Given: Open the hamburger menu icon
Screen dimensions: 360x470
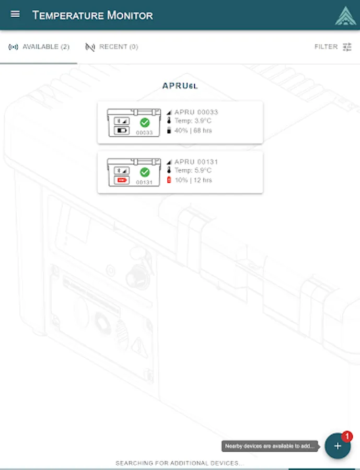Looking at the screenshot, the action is point(15,14).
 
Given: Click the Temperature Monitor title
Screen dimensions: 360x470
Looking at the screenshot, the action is point(92,15).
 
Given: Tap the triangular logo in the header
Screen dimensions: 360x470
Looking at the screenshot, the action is point(345,16).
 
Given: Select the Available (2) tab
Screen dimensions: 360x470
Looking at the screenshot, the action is point(39,47).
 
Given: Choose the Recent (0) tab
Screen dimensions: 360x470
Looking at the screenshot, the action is point(112,47).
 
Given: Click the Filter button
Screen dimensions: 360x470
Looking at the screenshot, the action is point(333,47).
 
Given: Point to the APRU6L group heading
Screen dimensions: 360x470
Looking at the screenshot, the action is point(180,86).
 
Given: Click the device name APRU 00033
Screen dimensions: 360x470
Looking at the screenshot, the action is point(196,112).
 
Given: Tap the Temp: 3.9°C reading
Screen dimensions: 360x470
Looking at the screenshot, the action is point(193,121).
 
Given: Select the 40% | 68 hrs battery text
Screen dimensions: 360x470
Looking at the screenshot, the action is point(193,131).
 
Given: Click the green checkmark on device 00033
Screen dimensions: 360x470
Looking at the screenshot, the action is point(145,122).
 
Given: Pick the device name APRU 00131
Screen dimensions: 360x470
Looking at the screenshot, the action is point(196,162).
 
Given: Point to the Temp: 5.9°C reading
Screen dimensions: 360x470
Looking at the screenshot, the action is point(193,171).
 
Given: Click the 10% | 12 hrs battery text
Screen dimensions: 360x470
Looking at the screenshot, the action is point(193,180).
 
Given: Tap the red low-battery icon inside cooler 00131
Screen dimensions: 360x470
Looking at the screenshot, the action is point(122,180).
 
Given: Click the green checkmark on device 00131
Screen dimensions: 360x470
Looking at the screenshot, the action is point(145,172).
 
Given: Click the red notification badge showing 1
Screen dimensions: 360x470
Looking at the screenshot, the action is point(347,436).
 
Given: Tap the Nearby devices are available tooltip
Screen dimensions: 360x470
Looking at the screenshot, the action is point(270,446).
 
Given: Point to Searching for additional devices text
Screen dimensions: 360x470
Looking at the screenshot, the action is point(180,463).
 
